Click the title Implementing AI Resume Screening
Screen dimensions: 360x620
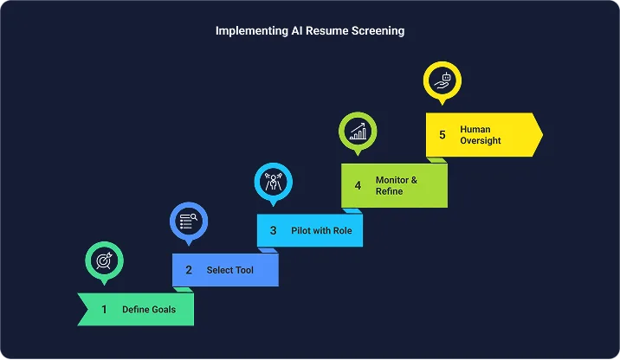(x=309, y=31)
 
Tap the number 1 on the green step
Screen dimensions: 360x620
(x=104, y=309)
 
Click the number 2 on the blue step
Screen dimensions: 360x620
(x=188, y=270)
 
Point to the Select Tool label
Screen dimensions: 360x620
(x=229, y=270)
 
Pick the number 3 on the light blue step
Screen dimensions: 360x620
(x=273, y=231)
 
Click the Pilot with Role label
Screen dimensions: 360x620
(x=321, y=231)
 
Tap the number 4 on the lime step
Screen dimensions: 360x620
(x=358, y=185)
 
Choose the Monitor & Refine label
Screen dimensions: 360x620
(x=396, y=185)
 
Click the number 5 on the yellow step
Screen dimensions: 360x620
(x=442, y=135)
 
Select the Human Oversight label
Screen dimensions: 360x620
(x=481, y=135)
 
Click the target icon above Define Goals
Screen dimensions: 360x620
(x=104, y=260)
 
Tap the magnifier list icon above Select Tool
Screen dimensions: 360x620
(x=189, y=221)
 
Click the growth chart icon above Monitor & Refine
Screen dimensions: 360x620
(x=358, y=131)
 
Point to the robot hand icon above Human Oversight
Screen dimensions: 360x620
(x=442, y=80)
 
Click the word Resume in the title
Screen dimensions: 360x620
(x=324, y=31)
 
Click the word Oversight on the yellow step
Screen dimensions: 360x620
(x=481, y=140)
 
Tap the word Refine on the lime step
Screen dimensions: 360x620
(x=389, y=191)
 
